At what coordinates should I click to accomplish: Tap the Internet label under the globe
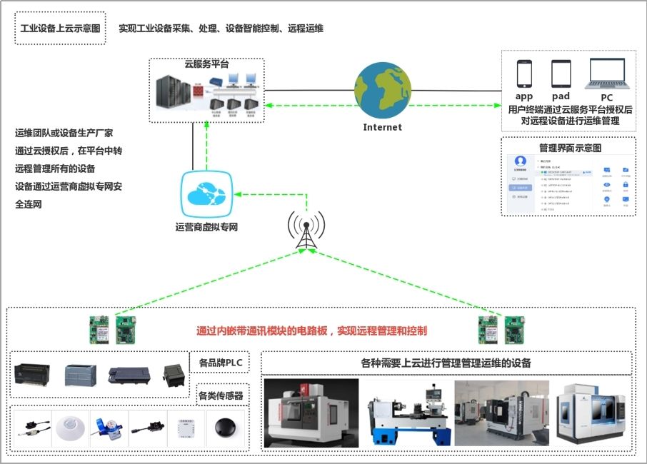pos(382,127)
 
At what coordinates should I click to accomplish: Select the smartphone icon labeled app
pos(524,74)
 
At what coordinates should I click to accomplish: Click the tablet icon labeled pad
pos(561,74)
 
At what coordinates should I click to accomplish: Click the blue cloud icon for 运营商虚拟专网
pos(206,194)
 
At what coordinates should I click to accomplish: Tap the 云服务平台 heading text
pos(206,64)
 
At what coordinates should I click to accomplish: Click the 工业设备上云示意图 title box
pos(60,29)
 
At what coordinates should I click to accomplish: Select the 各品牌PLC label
pos(221,363)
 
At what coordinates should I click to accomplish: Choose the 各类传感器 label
pos(221,394)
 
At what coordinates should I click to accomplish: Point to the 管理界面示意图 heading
pos(570,148)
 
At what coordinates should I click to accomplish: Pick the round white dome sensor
pos(70,427)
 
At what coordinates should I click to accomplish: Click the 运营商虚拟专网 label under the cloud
pos(206,228)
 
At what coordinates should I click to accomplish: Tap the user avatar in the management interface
pos(521,161)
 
